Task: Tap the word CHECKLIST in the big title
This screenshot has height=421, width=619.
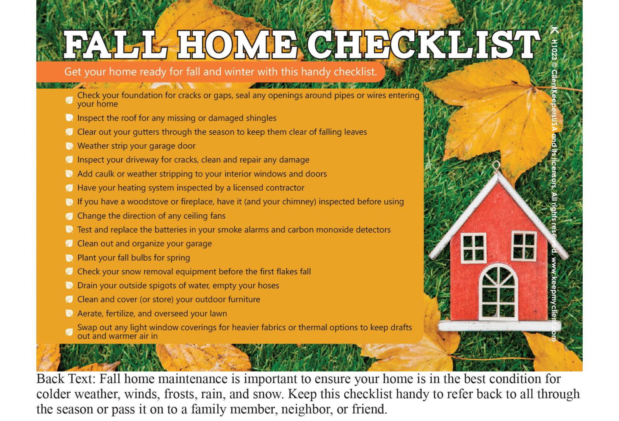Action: [x=424, y=44]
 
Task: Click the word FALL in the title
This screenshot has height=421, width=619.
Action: [x=116, y=44]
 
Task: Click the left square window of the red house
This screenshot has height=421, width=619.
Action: [x=474, y=248]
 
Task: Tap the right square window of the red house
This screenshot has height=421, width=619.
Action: [x=524, y=246]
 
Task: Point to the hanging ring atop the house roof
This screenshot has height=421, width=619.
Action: [x=496, y=166]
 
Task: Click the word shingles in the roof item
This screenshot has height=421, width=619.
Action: [x=261, y=118]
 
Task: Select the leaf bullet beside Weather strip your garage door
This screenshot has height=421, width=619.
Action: [x=69, y=146]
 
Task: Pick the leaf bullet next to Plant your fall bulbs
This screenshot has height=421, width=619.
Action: [x=69, y=258]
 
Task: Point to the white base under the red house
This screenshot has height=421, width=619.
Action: [x=499, y=326]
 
